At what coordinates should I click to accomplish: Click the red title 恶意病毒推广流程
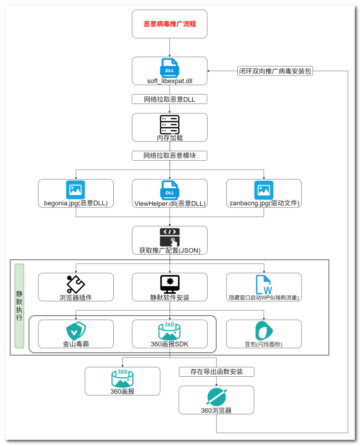(x=170, y=24)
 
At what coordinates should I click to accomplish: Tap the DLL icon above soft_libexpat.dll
(x=169, y=68)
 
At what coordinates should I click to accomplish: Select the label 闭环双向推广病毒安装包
(x=275, y=71)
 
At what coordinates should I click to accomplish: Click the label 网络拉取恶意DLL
(x=169, y=99)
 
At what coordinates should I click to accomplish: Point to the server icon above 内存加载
(x=170, y=124)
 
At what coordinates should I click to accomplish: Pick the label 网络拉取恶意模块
(x=169, y=156)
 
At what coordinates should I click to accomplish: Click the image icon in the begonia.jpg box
(x=76, y=190)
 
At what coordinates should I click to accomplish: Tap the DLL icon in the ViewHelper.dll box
(x=169, y=190)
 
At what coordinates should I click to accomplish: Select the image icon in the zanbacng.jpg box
(x=264, y=190)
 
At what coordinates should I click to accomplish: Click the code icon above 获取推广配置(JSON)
(x=170, y=237)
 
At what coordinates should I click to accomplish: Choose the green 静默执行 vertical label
(x=19, y=306)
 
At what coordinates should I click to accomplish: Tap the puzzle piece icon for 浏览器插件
(x=76, y=284)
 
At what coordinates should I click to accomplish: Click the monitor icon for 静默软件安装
(x=170, y=284)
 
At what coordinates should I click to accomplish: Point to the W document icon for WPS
(x=264, y=284)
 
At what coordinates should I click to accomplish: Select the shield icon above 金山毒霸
(x=76, y=331)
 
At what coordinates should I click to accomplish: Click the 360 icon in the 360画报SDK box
(x=169, y=331)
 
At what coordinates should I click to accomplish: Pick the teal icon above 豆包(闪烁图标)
(x=264, y=331)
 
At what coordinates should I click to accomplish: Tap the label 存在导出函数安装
(x=217, y=372)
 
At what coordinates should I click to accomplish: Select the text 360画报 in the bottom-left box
(x=122, y=392)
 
